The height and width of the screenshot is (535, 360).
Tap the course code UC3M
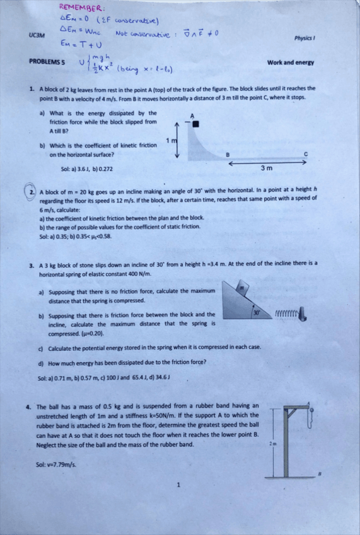pyautogui.click(x=37, y=37)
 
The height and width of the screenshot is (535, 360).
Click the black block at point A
pyautogui.click(x=195, y=124)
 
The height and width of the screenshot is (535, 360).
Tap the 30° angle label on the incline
pyautogui.click(x=256, y=312)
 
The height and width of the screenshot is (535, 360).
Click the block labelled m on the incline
pyautogui.click(x=239, y=287)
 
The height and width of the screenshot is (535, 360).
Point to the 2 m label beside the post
pyautogui.click(x=272, y=444)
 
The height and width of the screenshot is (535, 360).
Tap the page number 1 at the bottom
pyautogui.click(x=179, y=485)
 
